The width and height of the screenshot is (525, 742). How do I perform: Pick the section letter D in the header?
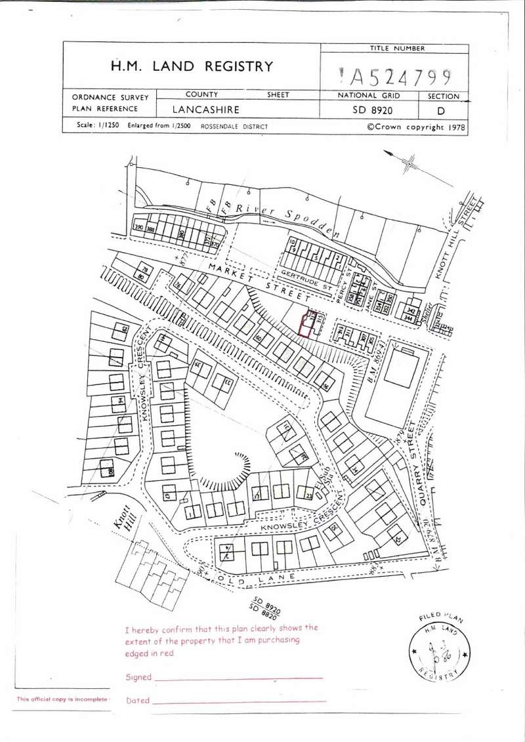click(440, 111)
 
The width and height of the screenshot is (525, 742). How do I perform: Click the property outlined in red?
click(305, 325)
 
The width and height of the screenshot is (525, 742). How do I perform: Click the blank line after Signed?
click(239, 678)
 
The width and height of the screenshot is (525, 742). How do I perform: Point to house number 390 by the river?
click(138, 228)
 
